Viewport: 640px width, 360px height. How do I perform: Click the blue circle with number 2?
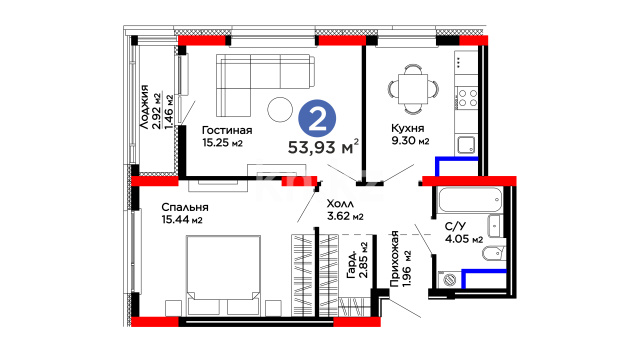[317, 119]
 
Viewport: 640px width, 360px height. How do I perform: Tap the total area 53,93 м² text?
[324, 147]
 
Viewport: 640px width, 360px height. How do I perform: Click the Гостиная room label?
[227, 130]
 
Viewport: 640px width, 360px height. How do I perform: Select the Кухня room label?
[407, 128]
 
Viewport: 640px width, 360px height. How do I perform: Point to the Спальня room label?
[185, 207]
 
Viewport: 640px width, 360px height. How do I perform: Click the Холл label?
[340, 204]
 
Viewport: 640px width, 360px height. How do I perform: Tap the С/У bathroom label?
[455, 227]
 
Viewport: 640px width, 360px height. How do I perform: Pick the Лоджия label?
[144, 107]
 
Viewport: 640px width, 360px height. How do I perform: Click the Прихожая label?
[394, 259]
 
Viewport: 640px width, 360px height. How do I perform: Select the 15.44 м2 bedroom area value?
[182, 220]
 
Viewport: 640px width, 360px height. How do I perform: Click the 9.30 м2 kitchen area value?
[410, 141]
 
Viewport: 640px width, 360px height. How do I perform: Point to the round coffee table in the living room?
[280, 109]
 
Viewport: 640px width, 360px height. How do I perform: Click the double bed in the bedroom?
[223, 276]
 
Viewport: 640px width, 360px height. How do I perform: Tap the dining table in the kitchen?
[413, 89]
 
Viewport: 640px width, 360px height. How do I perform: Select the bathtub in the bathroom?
[469, 200]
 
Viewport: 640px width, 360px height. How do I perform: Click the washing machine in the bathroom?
[449, 280]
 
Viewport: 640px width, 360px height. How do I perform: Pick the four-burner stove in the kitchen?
[467, 98]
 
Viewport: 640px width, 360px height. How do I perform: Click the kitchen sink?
[466, 144]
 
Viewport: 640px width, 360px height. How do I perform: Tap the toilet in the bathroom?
[493, 254]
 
